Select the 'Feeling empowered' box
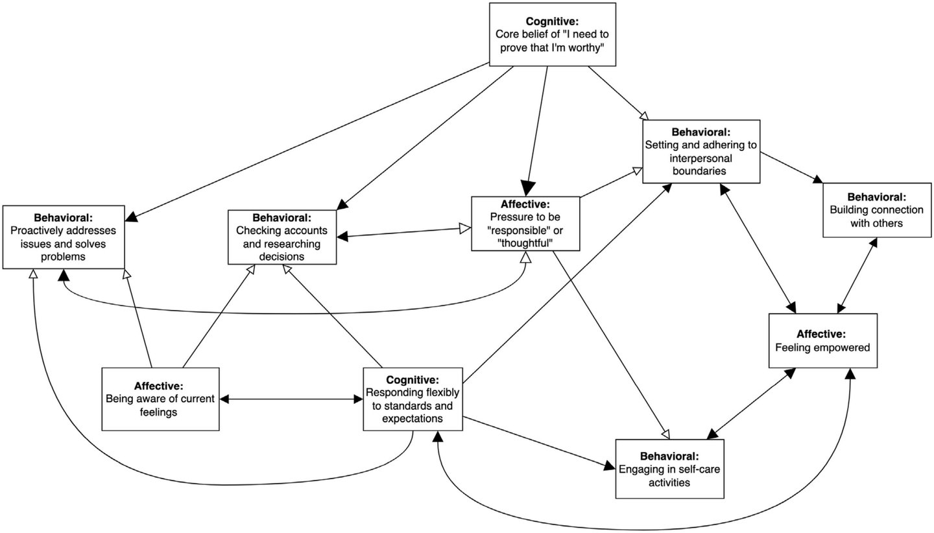click(822, 340)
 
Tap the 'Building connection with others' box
click(877, 210)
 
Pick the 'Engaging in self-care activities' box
click(669, 468)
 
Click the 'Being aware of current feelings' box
click(160, 399)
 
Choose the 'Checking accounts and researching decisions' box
click(282, 237)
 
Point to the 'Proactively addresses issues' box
click(63, 237)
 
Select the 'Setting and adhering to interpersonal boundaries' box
click(700, 151)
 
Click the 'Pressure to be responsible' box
click(525, 224)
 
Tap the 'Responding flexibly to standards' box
click(413, 399)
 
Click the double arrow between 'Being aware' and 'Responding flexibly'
click(291, 399)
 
